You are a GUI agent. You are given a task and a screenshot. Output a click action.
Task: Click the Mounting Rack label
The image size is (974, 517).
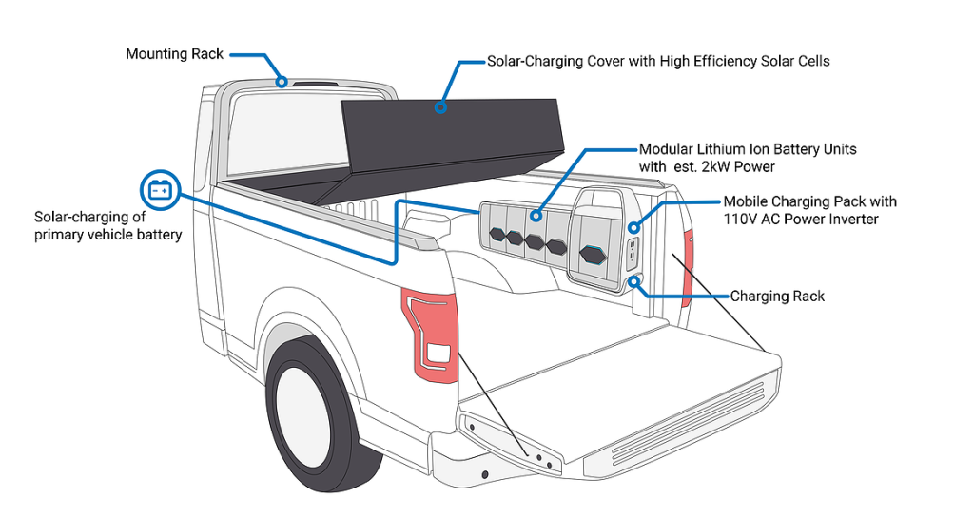coord(174,54)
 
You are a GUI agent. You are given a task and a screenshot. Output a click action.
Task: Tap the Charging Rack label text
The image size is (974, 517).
coord(777,297)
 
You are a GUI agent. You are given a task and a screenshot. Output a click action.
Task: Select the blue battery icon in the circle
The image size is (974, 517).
coord(159,190)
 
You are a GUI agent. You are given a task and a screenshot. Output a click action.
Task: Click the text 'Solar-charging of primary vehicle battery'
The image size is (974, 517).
coord(107,225)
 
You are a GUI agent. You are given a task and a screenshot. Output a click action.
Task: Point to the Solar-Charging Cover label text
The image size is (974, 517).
coord(658,62)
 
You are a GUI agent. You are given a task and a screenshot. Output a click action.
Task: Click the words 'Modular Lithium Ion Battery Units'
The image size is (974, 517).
coord(748,149)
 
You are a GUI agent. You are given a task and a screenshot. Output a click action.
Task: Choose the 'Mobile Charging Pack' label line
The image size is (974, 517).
coord(809,201)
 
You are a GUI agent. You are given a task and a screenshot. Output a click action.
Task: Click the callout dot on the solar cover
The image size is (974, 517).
coord(441,107)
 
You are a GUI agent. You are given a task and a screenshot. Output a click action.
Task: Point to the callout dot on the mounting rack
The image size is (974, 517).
coord(282,82)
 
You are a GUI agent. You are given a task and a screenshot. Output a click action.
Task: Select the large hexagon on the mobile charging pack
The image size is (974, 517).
coord(593,254)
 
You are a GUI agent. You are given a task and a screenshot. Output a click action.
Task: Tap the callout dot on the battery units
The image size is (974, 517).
coord(537,216)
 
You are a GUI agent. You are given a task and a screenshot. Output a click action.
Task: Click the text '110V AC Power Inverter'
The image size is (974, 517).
coord(801,220)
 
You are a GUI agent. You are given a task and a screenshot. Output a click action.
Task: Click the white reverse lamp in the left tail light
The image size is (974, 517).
coord(438,353)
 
